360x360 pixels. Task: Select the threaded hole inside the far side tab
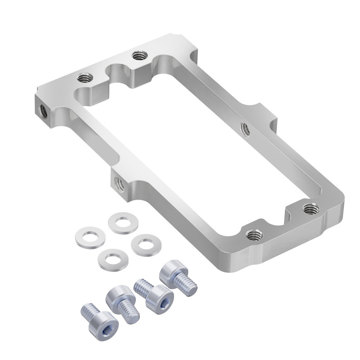click(x=245, y=129)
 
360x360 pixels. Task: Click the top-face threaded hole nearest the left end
click(x=85, y=77)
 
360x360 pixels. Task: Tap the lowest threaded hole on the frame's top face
click(x=254, y=235)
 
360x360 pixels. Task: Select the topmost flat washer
click(x=123, y=223)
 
